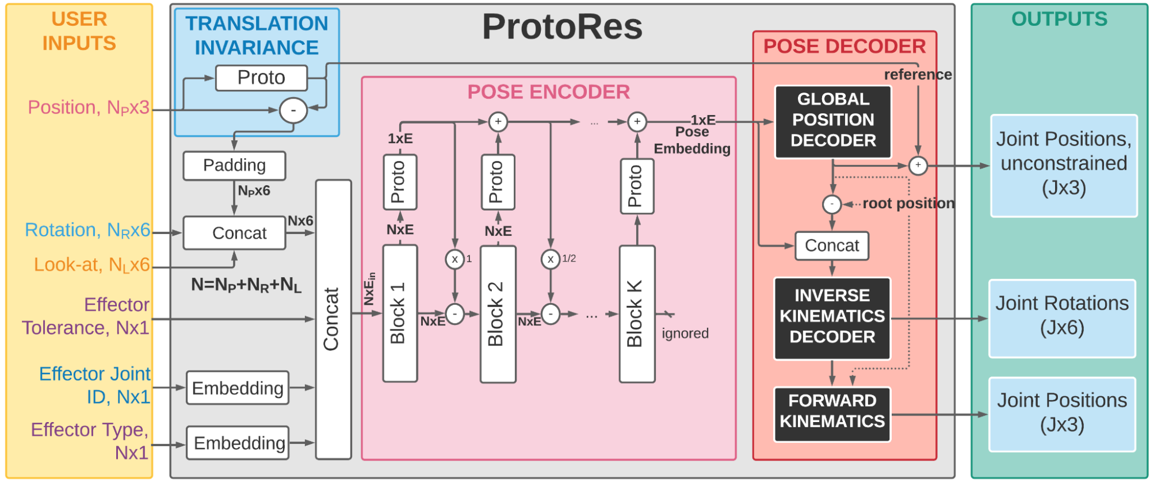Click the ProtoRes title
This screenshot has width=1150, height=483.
(x=562, y=27)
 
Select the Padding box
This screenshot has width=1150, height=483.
(x=234, y=166)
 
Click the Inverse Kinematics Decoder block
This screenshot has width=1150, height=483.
(x=832, y=317)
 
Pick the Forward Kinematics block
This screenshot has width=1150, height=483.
(x=832, y=412)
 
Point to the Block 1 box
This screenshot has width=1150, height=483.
(x=400, y=313)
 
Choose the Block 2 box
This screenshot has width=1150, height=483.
(x=498, y=314)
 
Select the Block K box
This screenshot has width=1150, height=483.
(x=636, y=314)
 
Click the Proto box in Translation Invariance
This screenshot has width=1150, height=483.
(x=261, y=78)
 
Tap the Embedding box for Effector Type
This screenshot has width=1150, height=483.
(x=238, y=443)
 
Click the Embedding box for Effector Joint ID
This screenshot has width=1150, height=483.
(x=238, y=388)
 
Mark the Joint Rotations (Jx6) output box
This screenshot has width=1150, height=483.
(x=1062, y=317)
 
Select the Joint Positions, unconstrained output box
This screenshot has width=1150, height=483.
(x=1064, y=164)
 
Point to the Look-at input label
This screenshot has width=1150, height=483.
(x=91, y=264)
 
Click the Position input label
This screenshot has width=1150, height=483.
(x=89, y=108)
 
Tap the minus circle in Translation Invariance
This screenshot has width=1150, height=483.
(x=293, y=110)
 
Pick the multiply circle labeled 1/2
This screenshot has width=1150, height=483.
(x=551, y=259)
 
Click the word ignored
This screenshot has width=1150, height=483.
(x=685, y=333)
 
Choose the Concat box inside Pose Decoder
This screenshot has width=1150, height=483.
(x=831, y=246)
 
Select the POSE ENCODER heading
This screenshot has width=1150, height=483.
(x=548, y=92)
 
